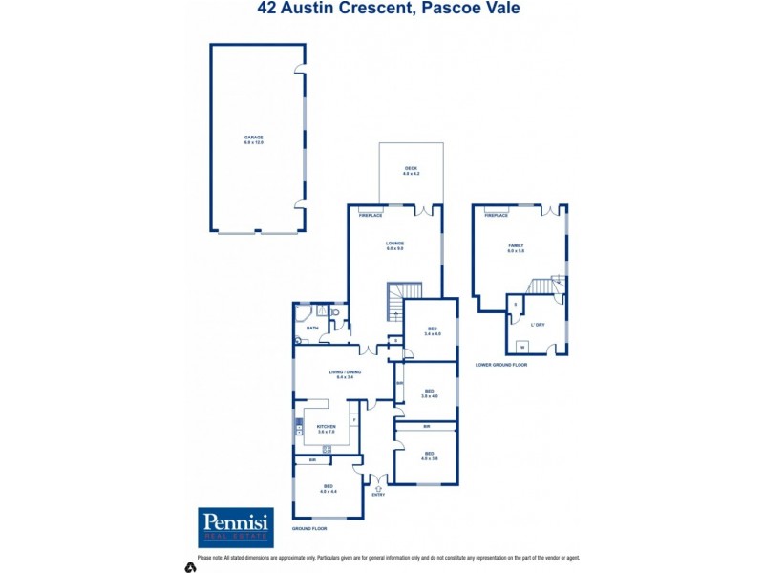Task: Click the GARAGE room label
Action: coord(253,138)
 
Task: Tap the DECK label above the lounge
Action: coord(411,168)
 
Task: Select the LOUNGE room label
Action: coord(395,244)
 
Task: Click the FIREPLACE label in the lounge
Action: coord(371,216)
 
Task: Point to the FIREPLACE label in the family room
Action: coord(496,216)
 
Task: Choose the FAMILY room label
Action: coord(516,245)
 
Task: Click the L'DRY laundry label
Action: coord(539,325)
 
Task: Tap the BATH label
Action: coord(312,328)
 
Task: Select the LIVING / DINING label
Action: coord(344,371)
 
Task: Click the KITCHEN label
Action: coord(326,426)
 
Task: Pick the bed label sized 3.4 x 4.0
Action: coord(432,330)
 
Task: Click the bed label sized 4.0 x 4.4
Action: coord(328,489)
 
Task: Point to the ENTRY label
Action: coord(378,495)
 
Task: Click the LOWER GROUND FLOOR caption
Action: coord(501,365)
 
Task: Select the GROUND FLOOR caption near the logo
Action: coord(309,528)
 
